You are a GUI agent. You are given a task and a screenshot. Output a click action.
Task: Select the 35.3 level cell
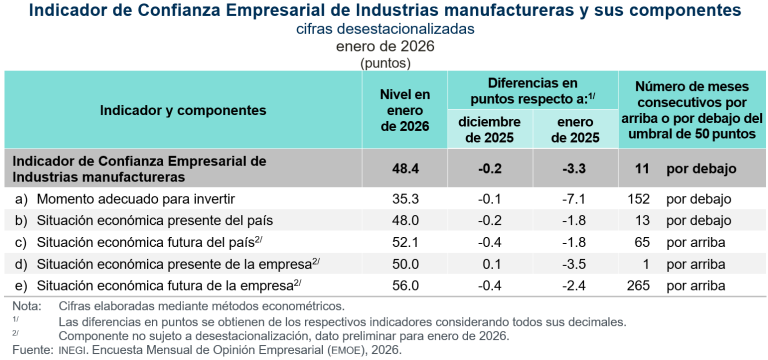405,198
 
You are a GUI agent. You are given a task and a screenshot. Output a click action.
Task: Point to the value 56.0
405,285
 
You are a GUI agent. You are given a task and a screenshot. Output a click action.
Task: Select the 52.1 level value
405,241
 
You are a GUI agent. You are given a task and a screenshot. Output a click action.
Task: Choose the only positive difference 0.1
491,263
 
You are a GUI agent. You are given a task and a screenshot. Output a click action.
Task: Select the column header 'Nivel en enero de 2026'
405,110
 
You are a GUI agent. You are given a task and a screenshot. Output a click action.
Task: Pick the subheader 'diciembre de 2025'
490,129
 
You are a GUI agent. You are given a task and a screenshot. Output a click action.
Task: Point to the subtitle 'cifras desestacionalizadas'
385,29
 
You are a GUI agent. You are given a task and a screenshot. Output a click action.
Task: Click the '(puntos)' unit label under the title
385,62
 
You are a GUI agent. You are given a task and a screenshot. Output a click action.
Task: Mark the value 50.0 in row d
405,263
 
